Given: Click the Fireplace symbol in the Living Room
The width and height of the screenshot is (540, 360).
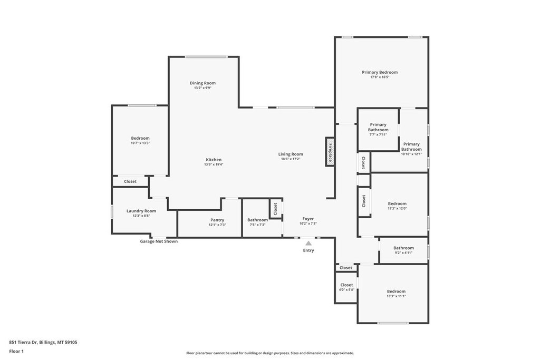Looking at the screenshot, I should pos(330,152).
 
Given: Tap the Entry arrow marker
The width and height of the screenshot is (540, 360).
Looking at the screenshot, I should pos(308,243).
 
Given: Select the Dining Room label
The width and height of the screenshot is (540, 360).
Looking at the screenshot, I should pos(202,83).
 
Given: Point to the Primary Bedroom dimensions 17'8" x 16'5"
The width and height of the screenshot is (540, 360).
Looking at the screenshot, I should pos(379,77).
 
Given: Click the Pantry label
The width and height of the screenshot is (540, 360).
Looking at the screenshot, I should pos(217,220).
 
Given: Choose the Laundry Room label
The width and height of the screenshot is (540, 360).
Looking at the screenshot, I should pos(141,211).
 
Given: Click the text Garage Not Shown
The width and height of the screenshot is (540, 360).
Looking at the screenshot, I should pos(159,241).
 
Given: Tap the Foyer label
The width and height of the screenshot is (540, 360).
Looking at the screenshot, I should pos(308,218).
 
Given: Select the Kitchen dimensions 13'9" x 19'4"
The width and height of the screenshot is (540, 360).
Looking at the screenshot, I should pos(214,164).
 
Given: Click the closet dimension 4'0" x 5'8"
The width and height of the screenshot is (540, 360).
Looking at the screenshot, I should pos(346,289).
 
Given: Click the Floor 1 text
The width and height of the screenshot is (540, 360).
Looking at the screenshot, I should pos(16,351).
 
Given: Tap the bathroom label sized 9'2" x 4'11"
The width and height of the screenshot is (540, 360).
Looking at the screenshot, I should pos(403,248).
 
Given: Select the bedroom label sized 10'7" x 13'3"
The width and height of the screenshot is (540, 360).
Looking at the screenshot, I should pos(140,138).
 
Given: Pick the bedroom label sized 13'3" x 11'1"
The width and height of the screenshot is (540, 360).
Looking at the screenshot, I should pos(396,291).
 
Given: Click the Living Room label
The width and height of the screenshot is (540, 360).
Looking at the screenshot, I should pos(291,154).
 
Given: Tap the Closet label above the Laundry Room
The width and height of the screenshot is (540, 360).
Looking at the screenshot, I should pos(130,181).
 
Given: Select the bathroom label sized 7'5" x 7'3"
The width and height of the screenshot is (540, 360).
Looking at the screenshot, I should pos(257,220).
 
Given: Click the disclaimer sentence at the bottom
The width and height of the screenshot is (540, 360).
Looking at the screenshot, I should pos(270,353).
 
